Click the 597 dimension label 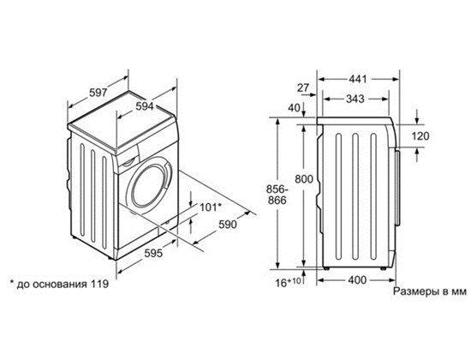coord(98,93)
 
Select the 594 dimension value coord(145,106)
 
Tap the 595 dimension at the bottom coord(153,253)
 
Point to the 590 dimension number coord(228,225)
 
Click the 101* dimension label coord(211,207)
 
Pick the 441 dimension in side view coord(358,79)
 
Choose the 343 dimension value coord(355,99)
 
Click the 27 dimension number coord(303,87)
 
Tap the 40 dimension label coord(294,107)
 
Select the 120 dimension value coord(420,136)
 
